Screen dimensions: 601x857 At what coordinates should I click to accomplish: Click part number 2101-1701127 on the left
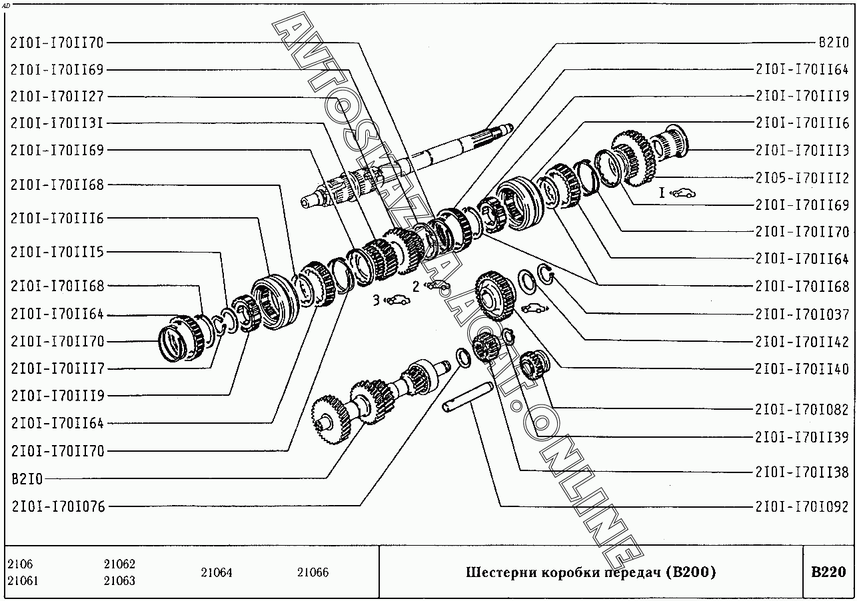pyautogui.click(x=57, y=97)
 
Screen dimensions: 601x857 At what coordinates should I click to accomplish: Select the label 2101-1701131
pyautogui.click(x=57, y=123)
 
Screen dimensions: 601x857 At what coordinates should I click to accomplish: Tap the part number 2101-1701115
pyautogui.click(x=57, y=253)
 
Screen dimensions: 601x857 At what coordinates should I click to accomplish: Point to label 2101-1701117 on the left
pyautogui.click(x=57, y=368)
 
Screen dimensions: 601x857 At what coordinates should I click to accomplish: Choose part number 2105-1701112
pyautogui.click(x=802, y=178)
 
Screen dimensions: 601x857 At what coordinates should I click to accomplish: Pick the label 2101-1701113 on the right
pyautogui.click(x=802, y=151)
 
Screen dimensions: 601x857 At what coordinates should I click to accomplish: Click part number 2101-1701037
pyautogui.click(x=802, y=314)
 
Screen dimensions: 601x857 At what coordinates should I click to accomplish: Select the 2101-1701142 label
pyautogui.click(x=802, y=342)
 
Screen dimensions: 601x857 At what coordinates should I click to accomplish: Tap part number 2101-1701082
pyautogui.click(x=802, y=410)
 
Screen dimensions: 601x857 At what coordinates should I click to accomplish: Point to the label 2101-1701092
pyautogui.click(x=802, y=507)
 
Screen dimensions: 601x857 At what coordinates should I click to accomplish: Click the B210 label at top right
pyautogui.click(x=834, y=42)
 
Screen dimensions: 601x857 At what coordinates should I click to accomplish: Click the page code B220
pyautogui.click(x=828, y=572)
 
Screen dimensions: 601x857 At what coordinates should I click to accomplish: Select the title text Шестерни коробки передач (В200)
pyautogui.click(x=590, y=572)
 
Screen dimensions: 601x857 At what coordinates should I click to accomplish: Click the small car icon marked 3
pyautogui.click(x=396, y=300)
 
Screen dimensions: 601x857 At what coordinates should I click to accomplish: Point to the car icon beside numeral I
pyautogui.click(x=682, y=193)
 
